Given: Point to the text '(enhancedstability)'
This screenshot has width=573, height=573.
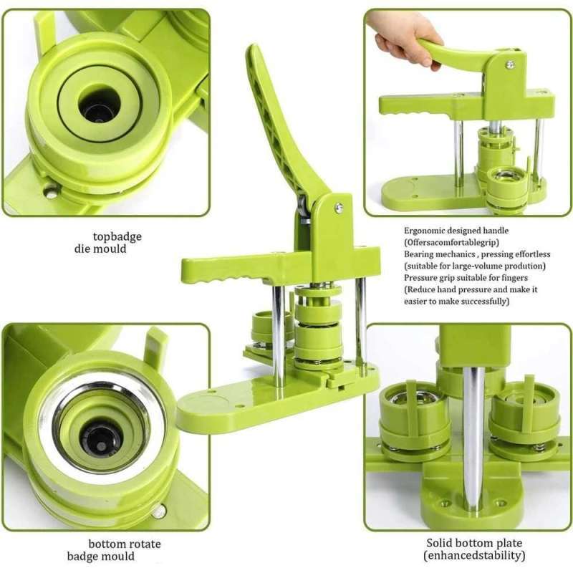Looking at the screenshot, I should click(474, 555).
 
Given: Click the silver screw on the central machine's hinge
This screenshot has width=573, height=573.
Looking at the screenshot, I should click(339, 208).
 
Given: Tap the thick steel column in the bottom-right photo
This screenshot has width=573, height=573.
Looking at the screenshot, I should click(473, 437).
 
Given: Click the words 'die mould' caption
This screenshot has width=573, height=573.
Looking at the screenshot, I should click(100, 249).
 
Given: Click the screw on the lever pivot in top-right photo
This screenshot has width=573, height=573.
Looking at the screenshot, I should click(509, 64).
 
